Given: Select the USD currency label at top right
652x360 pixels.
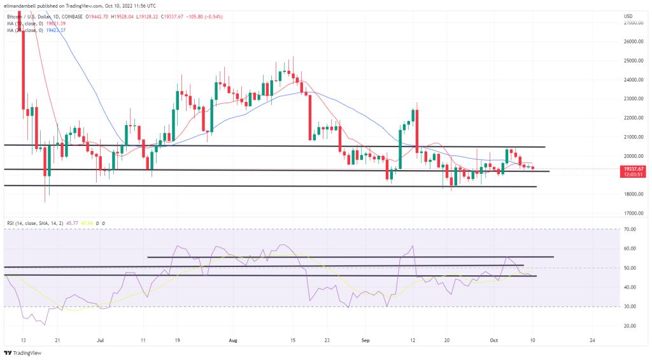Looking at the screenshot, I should point(628,15).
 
